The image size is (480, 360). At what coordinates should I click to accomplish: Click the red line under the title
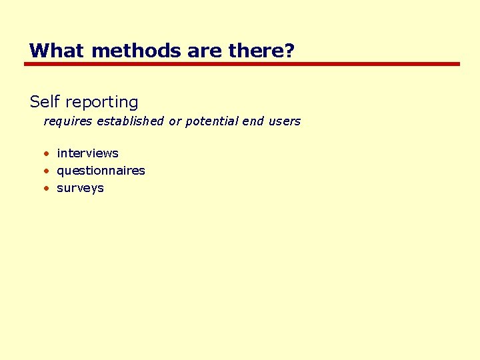tap(242, 64)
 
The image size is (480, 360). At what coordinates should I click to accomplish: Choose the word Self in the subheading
tap(45, 102)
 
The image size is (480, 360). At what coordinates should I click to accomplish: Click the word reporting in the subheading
tap(101, 103)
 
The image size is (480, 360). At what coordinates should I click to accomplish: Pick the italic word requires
tap(68, 122)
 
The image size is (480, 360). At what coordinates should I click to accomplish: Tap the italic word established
tap(131, 121)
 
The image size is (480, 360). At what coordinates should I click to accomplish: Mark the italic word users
tap(285, 122)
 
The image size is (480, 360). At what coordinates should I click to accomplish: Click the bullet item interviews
tap(87, 153)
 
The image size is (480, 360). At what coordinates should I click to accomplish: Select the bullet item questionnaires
tap(101, 171)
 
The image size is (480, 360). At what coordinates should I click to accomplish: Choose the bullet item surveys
tap(80, 188)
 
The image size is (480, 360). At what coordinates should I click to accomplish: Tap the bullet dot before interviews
tap(47, 154)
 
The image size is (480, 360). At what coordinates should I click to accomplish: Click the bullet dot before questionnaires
tap(47, 171)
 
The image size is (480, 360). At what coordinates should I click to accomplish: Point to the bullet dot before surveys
tap(47, 189)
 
